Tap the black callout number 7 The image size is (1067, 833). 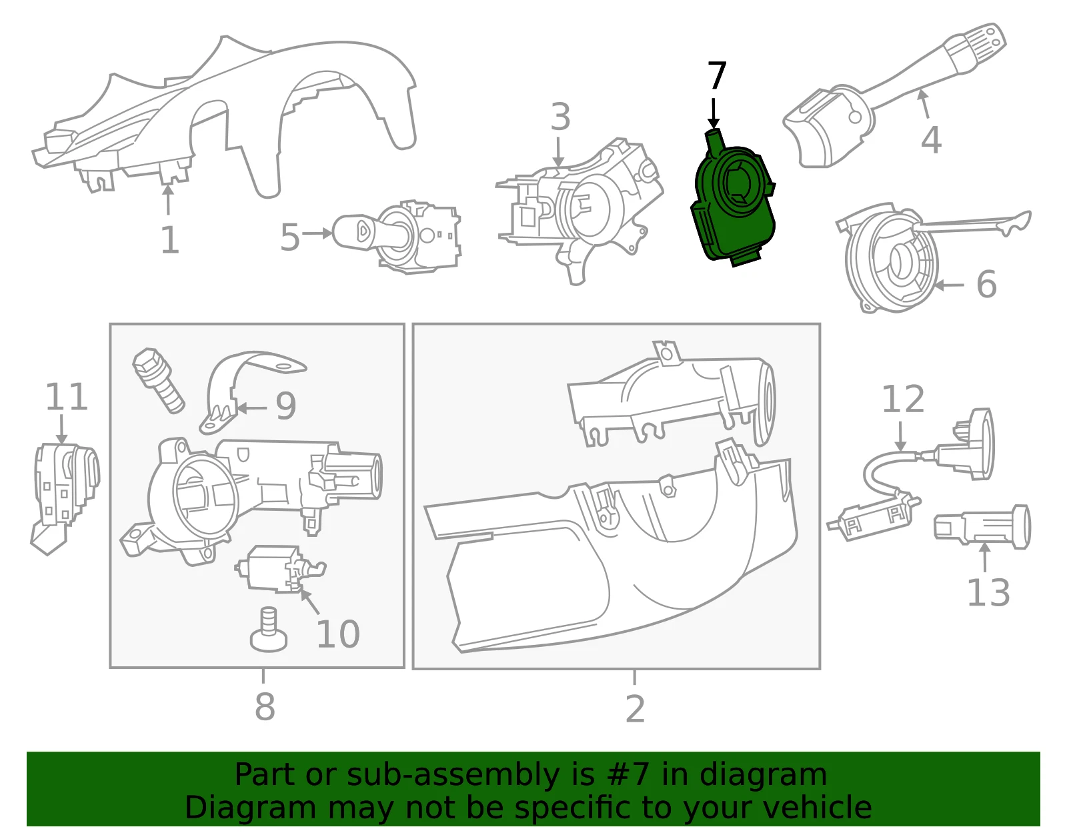pos(717,75)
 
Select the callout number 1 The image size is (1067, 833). pos(170,240)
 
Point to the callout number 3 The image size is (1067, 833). pos(560,117)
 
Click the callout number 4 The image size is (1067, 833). pos(931,140)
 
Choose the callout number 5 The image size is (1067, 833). pos(289,237)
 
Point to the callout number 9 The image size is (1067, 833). pos(286,406)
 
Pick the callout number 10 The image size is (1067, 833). pos(338,634)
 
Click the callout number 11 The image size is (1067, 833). pos(66,397)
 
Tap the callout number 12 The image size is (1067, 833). pos(903,399)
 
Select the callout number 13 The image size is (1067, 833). pos(988,592)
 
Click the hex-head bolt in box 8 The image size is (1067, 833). pos(158,380)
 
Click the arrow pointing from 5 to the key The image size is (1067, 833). pos(317,233)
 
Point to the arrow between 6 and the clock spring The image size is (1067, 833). pos(949,285)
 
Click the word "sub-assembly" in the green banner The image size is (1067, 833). pos(453,775)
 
